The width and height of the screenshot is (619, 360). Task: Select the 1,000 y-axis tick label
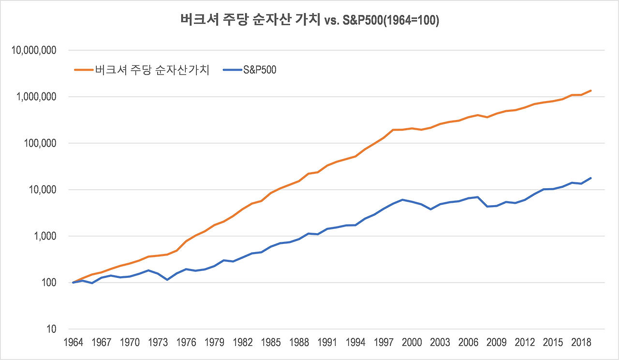(x=44, y=236)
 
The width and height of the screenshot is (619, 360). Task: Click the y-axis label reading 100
(x=49, y=283)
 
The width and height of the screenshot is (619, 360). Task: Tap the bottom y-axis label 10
(x=52, y=329)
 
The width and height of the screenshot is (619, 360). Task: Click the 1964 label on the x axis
(x=73, y=342)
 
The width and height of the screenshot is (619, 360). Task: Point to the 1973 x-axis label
(x=158, y=342)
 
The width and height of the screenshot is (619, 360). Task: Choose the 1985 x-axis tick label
(x=271, y=342)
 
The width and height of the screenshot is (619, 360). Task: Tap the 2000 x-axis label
(x=412, y=342)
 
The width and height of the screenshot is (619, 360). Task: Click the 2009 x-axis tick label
(x=497, y=342)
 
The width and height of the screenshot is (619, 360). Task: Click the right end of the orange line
(x=591, y=90)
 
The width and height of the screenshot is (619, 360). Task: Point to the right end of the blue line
(x=591, y=178)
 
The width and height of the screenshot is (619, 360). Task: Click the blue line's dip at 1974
(x=167, y=280)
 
